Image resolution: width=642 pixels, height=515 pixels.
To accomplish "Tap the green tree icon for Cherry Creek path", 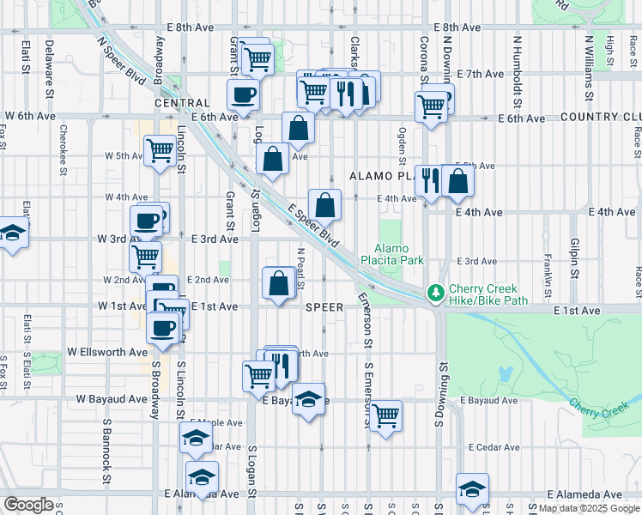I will (436, 294).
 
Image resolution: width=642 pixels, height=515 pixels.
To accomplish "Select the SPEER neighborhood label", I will (324, 306).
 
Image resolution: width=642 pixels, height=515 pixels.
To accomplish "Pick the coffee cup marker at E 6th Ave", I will (243, 95).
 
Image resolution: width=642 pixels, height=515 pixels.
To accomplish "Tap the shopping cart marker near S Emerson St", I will (386, 415).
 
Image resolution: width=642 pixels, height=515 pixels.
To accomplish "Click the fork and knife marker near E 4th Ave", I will (430, 180).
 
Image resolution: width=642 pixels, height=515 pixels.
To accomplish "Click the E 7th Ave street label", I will (481, 74).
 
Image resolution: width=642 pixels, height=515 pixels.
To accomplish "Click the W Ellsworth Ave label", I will (108, 352).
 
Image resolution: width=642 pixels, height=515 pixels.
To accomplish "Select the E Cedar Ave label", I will (494, 447).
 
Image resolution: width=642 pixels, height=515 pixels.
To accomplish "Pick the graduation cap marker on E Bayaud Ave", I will (309, 399).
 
